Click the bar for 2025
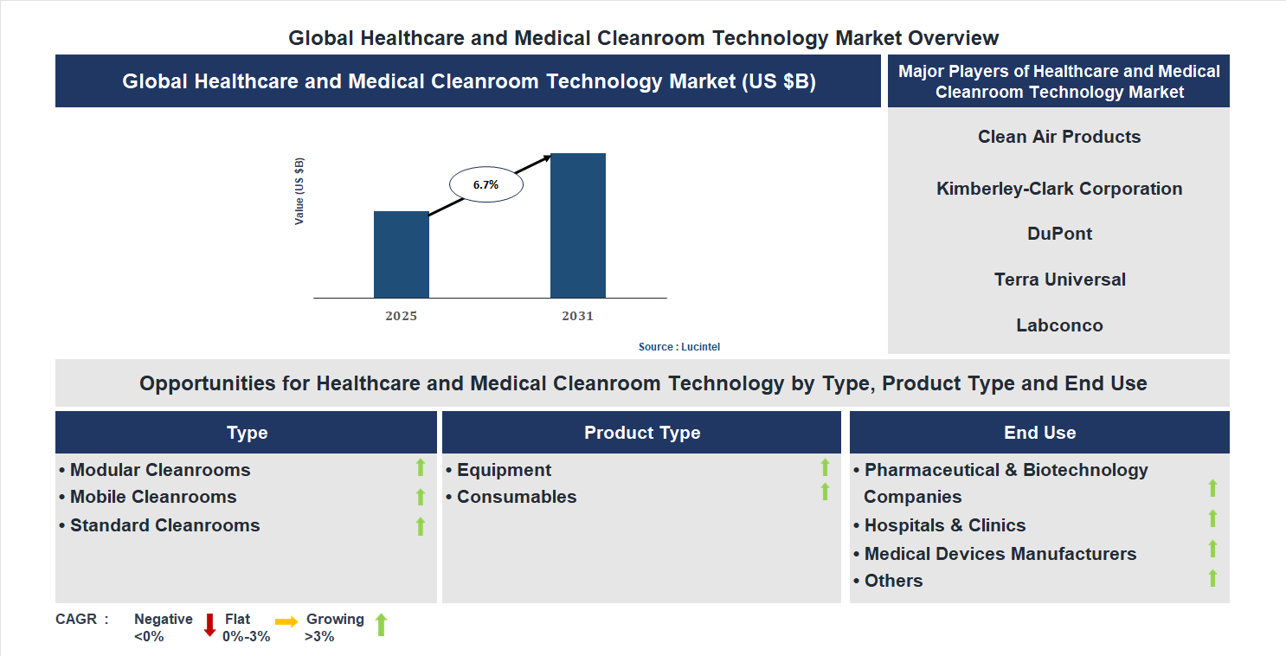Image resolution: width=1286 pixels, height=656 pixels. click(401, 254)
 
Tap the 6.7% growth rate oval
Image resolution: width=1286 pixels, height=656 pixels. click(485, 184)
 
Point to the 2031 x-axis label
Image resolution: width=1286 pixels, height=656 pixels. click(577, 316)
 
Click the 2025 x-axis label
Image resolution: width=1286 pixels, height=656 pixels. click(401, 316)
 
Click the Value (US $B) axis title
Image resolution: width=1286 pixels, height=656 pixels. click(299, 191)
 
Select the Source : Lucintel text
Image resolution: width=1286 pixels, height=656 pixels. click(678, 346)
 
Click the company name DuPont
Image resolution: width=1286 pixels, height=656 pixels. click(1059, 234)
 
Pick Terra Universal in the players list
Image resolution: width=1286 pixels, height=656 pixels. click(1059, 280)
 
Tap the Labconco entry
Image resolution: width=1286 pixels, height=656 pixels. click(1059, 325)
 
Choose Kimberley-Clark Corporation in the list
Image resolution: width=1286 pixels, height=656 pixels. click(1059, 189)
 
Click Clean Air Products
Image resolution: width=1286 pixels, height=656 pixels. click(1059, 137)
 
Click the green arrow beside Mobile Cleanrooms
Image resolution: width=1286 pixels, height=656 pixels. click(421, 497)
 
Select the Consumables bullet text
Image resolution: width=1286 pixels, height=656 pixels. click(516, 497)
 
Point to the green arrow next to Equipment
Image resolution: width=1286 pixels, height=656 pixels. click(825, 468)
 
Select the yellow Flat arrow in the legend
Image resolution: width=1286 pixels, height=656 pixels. click(286, 621)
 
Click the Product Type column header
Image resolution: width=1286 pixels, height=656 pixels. click(641, 433)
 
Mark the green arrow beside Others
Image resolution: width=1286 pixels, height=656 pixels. click(1212, 578)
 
